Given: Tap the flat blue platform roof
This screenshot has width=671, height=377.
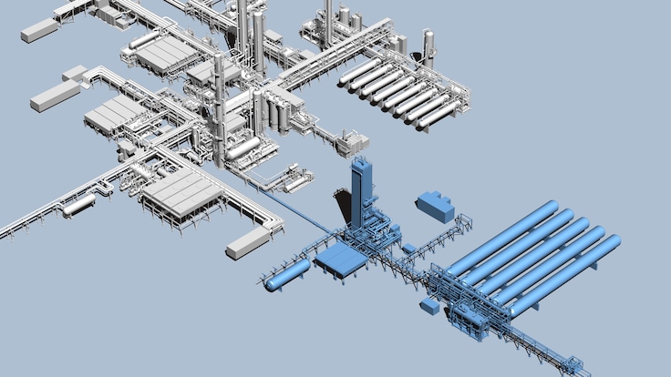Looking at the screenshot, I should point(341,260).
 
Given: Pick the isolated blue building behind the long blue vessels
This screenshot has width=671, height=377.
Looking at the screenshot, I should point(435,206).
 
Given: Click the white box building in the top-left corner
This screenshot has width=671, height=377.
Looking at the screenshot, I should point(38,31).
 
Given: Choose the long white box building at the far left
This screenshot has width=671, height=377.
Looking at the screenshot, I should point(55,96).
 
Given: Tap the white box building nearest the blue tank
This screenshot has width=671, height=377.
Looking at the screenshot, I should point(248,242).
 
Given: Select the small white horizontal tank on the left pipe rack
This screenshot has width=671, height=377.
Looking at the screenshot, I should point(78,205).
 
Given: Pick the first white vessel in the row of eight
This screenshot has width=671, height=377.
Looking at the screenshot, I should point(360,73).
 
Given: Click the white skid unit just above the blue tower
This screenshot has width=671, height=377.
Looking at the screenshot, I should point(352,143).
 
